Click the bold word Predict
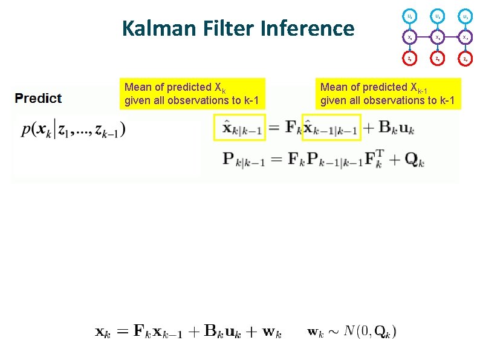click(38, 98)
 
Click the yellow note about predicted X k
click(193, 94)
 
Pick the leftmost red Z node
click(410, 59)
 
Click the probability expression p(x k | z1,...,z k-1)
click(73, 129)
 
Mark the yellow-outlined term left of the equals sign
click(239, 127)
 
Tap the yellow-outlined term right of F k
click(331, 127)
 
